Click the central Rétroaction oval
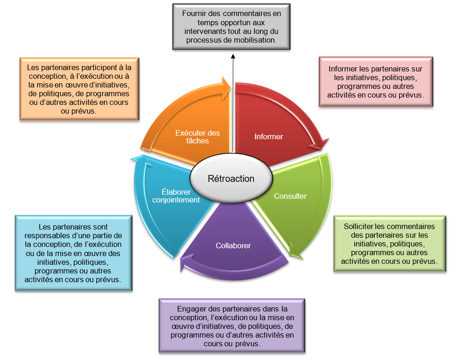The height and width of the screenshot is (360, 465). point(231,179)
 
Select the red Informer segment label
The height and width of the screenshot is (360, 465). point(269,136)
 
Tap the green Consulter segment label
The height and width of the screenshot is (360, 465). point(290,196)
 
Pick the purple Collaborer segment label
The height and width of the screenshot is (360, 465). point(233,245)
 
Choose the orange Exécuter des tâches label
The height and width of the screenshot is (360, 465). point(198,137)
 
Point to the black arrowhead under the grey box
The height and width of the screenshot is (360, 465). point(232,56)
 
